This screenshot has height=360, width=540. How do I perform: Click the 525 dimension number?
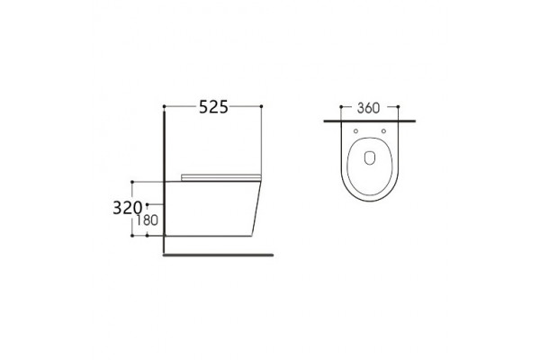(213, 107)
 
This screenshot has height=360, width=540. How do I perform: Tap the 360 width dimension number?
(368, 108)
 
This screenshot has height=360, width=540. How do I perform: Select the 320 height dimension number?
(128, 208)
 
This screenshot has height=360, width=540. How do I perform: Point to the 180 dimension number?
(147, 220)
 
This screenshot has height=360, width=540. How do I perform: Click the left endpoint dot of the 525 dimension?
(165, 106)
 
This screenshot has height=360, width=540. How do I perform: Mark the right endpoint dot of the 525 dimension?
(261, 106)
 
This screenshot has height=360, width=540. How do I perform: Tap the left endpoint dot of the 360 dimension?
(341, 107)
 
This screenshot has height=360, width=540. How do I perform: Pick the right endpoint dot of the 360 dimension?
(398, 107)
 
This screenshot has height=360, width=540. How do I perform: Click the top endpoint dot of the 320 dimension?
(132, 182)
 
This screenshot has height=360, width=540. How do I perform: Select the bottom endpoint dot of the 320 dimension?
(132, 236)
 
